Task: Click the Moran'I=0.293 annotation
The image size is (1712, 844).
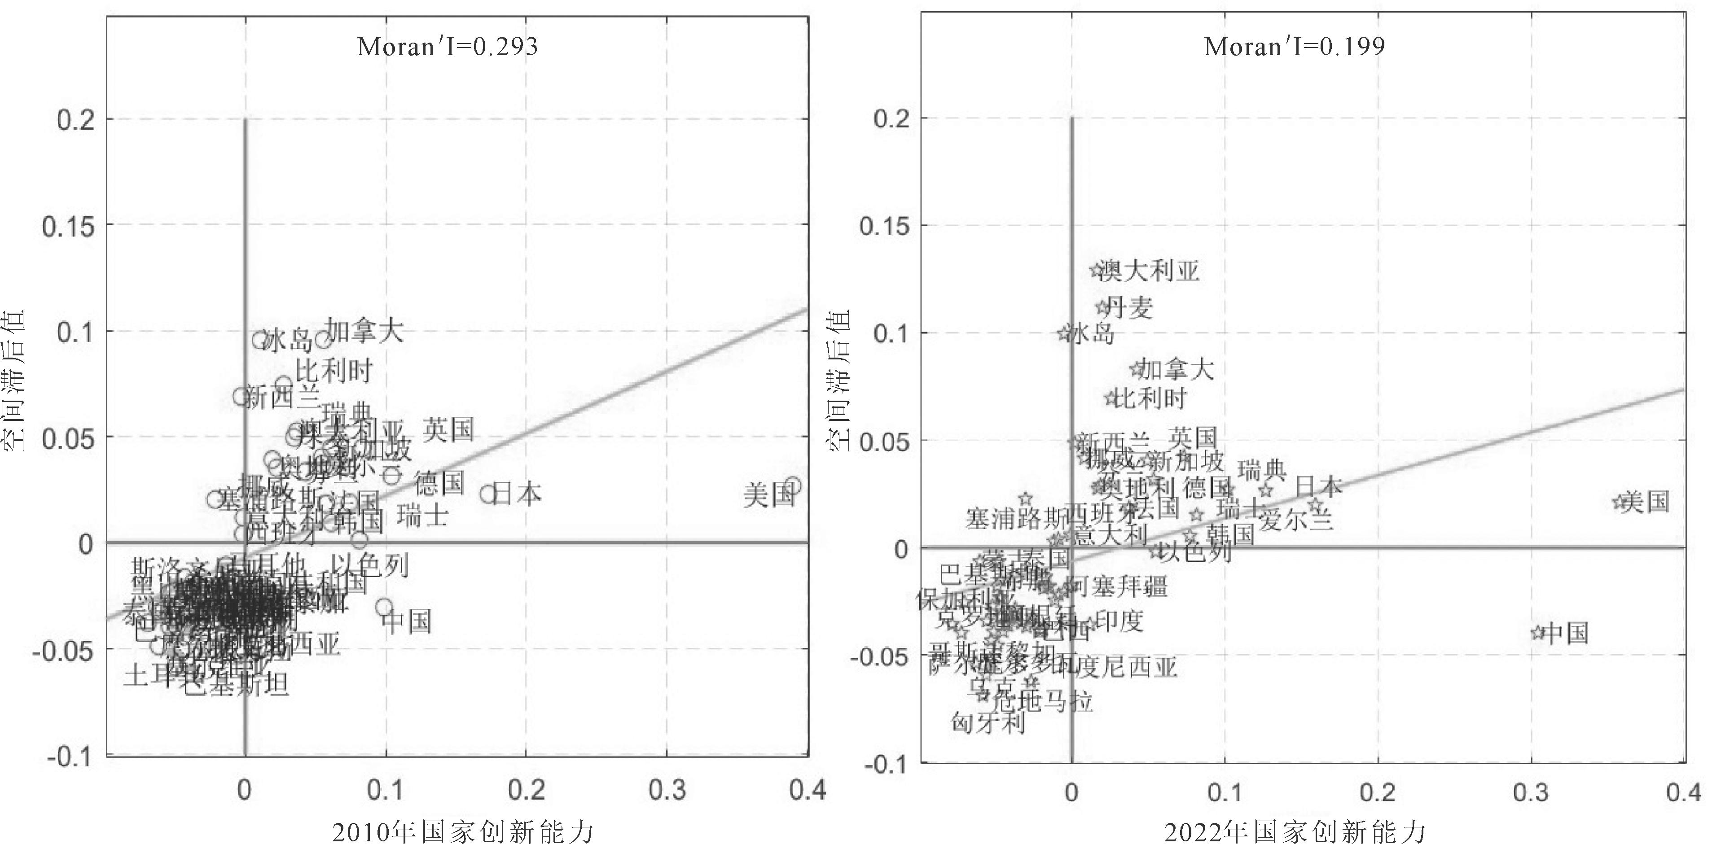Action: [447, 47]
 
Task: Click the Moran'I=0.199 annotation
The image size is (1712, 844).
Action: [1294, 47]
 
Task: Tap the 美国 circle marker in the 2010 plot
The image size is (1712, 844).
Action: [792, 486]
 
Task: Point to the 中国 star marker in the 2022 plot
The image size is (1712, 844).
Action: [1537, 633]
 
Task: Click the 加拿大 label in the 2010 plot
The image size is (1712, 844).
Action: [364, 330]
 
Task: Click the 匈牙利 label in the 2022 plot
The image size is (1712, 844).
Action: [988, 722]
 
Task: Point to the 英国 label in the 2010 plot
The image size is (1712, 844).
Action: [448, 430]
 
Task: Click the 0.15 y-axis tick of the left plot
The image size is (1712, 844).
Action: [68, 227]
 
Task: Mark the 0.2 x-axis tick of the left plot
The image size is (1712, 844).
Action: [527, 790]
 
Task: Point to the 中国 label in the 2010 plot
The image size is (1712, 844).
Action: [408, 621]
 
